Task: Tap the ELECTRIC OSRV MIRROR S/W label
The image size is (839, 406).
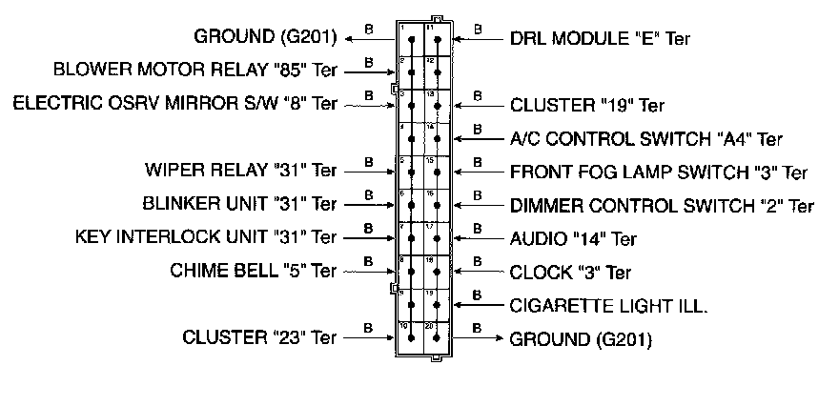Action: click(x=174, y=102)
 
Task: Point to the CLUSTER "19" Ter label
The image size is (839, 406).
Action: click(x=587, y=105)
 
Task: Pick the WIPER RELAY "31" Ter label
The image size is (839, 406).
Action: click(x=240, y=173)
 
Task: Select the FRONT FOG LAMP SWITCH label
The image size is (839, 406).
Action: click(x=659, y=173)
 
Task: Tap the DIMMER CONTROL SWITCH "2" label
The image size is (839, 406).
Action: click(x=662, y=205)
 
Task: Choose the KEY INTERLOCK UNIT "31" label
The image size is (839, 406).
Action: click(x=205, y=236)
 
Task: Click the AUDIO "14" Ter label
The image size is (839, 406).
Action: click(x=573, y=238)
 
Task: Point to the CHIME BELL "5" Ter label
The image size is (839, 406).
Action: click(x=253, y=270)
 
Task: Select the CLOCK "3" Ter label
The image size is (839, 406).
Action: click(x=570, y=273)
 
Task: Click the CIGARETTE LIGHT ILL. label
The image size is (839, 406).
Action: click(x=609, y=305)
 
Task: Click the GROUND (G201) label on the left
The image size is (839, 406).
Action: click(x=265, y=37)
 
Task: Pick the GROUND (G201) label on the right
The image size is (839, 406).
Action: click(x=581, y=338)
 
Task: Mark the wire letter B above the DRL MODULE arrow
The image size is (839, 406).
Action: click(x=478, y=29)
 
